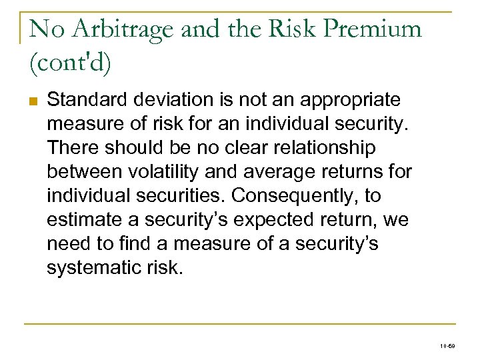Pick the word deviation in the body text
tap(171, 101)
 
